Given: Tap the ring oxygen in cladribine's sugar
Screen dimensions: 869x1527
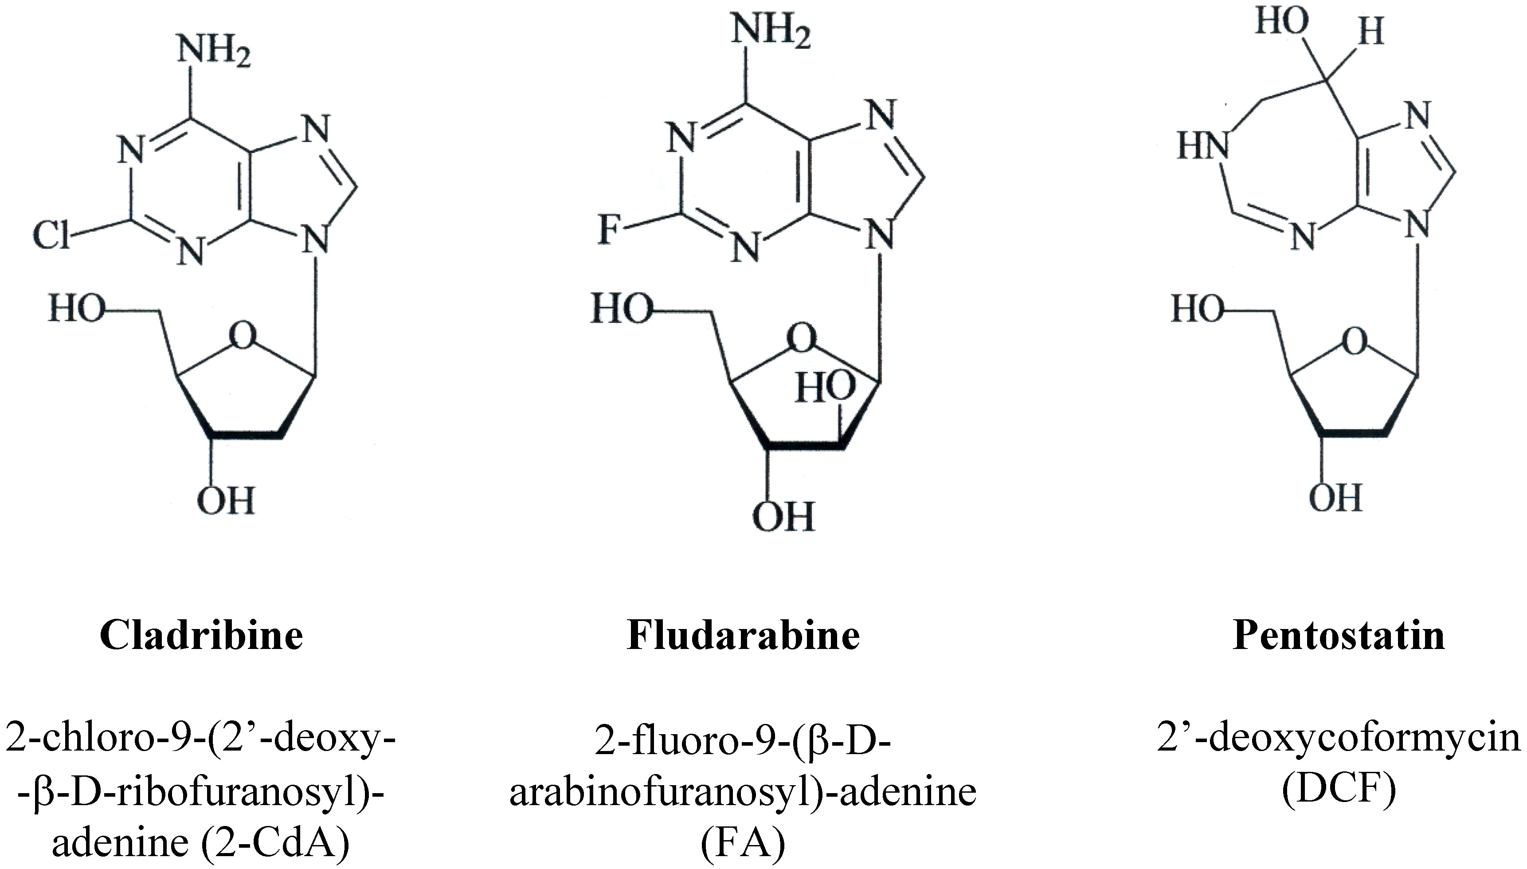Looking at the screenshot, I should [x=243, y=336].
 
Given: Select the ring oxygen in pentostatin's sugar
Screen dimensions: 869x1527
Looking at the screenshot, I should [x=1354, y=342].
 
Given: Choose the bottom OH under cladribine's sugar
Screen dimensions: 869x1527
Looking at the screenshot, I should [x=226, y=500].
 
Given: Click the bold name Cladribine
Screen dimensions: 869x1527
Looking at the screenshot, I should [x=202, y=635].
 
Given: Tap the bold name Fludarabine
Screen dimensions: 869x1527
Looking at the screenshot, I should [x=743, y=635].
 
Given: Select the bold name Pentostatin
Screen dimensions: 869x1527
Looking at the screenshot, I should [x=1339, y=635].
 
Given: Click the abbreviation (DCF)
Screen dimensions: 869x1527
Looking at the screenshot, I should [x=1339, y=790].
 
